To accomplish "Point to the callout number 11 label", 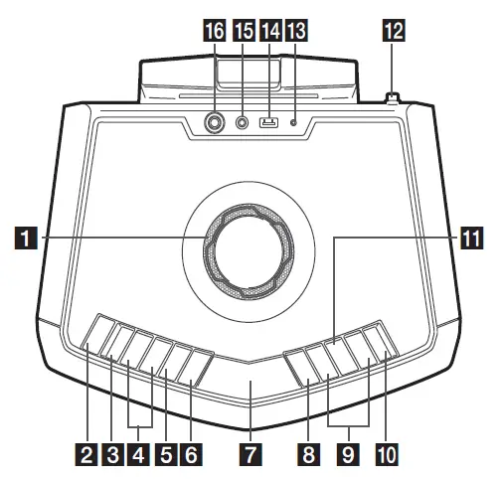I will [x=470, y=238].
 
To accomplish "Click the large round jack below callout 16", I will [x=214, y=124].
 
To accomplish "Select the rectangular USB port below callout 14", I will [x=267, y=124].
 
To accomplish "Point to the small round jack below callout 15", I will [x=242, y=124].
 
